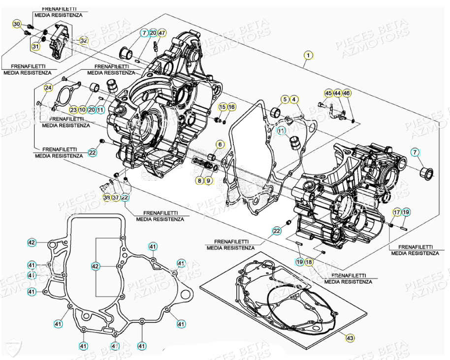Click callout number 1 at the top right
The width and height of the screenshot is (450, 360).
tap(308, 56)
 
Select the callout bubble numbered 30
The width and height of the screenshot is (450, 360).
tap(17, 25)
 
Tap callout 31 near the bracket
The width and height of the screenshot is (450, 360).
tap(35, 47)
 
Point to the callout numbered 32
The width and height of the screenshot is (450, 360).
tap(84, 40)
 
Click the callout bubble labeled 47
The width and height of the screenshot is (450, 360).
tap(162, 33)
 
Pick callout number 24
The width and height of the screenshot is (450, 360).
tap(48, 88)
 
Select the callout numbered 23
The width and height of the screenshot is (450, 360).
tap(73, 110)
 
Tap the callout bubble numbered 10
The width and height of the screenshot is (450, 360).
tap(82, 110)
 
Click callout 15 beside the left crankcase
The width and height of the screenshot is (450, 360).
tap(223, 107)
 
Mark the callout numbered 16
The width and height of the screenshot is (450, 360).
tap(231, 107)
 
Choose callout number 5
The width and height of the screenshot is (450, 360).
tap(285, 100)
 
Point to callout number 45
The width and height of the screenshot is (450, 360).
tap(328, 93)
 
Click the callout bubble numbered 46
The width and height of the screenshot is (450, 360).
tap(347, 93)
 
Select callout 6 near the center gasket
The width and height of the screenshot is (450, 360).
tap(220, 145)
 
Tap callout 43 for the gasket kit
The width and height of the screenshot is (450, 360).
tap(350, 338)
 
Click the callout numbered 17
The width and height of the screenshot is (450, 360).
tap(397, 212)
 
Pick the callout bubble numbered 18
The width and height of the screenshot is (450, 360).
tap(308, 262)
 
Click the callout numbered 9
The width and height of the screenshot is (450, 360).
tap(208, 180)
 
